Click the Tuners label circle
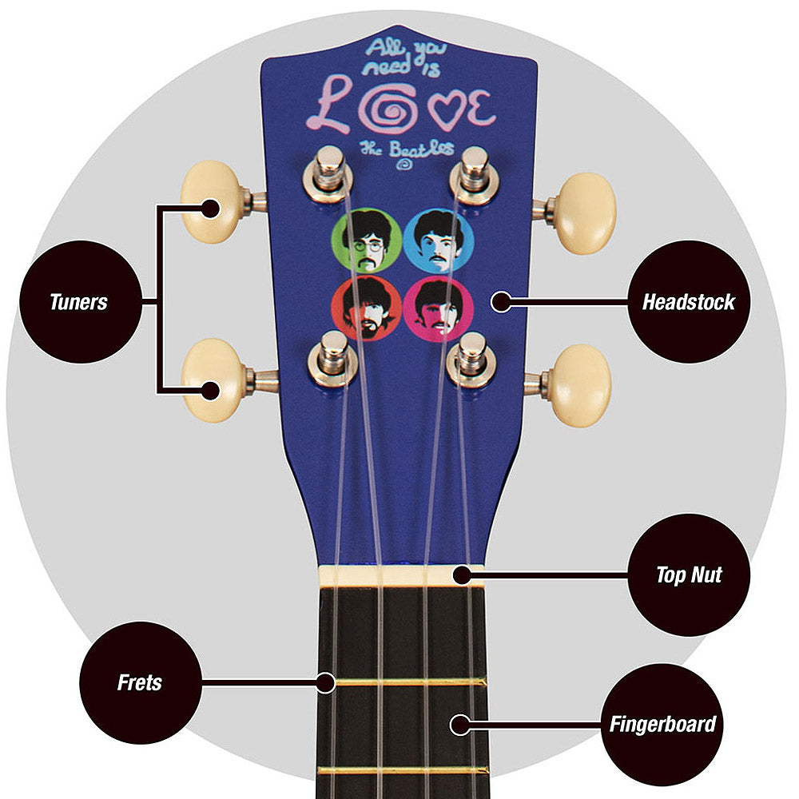78,302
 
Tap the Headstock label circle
689,302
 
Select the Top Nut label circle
689,574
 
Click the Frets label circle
140,682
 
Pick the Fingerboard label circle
662,725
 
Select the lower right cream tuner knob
581,385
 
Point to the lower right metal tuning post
471,358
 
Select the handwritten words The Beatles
407,149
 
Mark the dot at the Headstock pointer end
500,301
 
